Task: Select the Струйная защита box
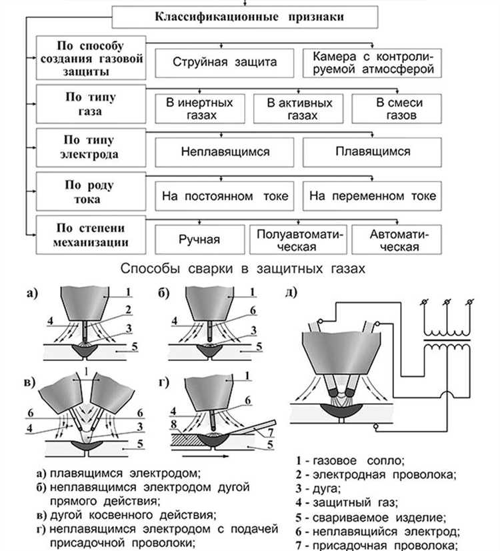[x=225, y=63]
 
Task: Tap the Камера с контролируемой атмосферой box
[x=372, y=63]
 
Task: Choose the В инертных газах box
[x=199, y=109]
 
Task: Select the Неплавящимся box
[x=225, y=152]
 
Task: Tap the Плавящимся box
[x=372, y=152]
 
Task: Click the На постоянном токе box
[x=225, y=196]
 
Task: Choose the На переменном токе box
[x=372, y=196]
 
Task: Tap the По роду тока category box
[x=91, y=192]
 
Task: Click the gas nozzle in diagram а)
[x=85, y=303]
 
